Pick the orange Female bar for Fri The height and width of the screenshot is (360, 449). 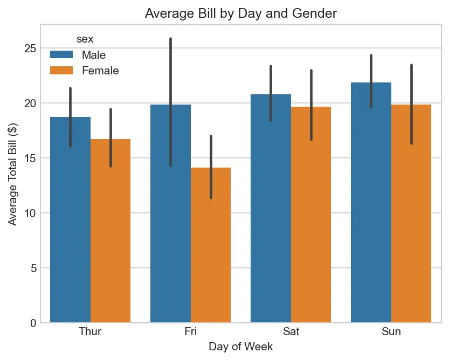(x=211, y=248)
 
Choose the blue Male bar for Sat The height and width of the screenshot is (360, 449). (x=271, y=216)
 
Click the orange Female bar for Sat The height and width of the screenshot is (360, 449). (x=311, y=221)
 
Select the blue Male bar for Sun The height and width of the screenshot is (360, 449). (x=371, y=210)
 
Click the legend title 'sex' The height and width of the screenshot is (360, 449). (x=85, y=39)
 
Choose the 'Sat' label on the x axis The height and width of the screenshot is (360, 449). (x=291, y=331)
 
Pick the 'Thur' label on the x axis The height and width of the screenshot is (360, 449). (x=91, y=331)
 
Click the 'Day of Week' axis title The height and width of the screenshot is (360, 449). (x=241, y=347)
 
